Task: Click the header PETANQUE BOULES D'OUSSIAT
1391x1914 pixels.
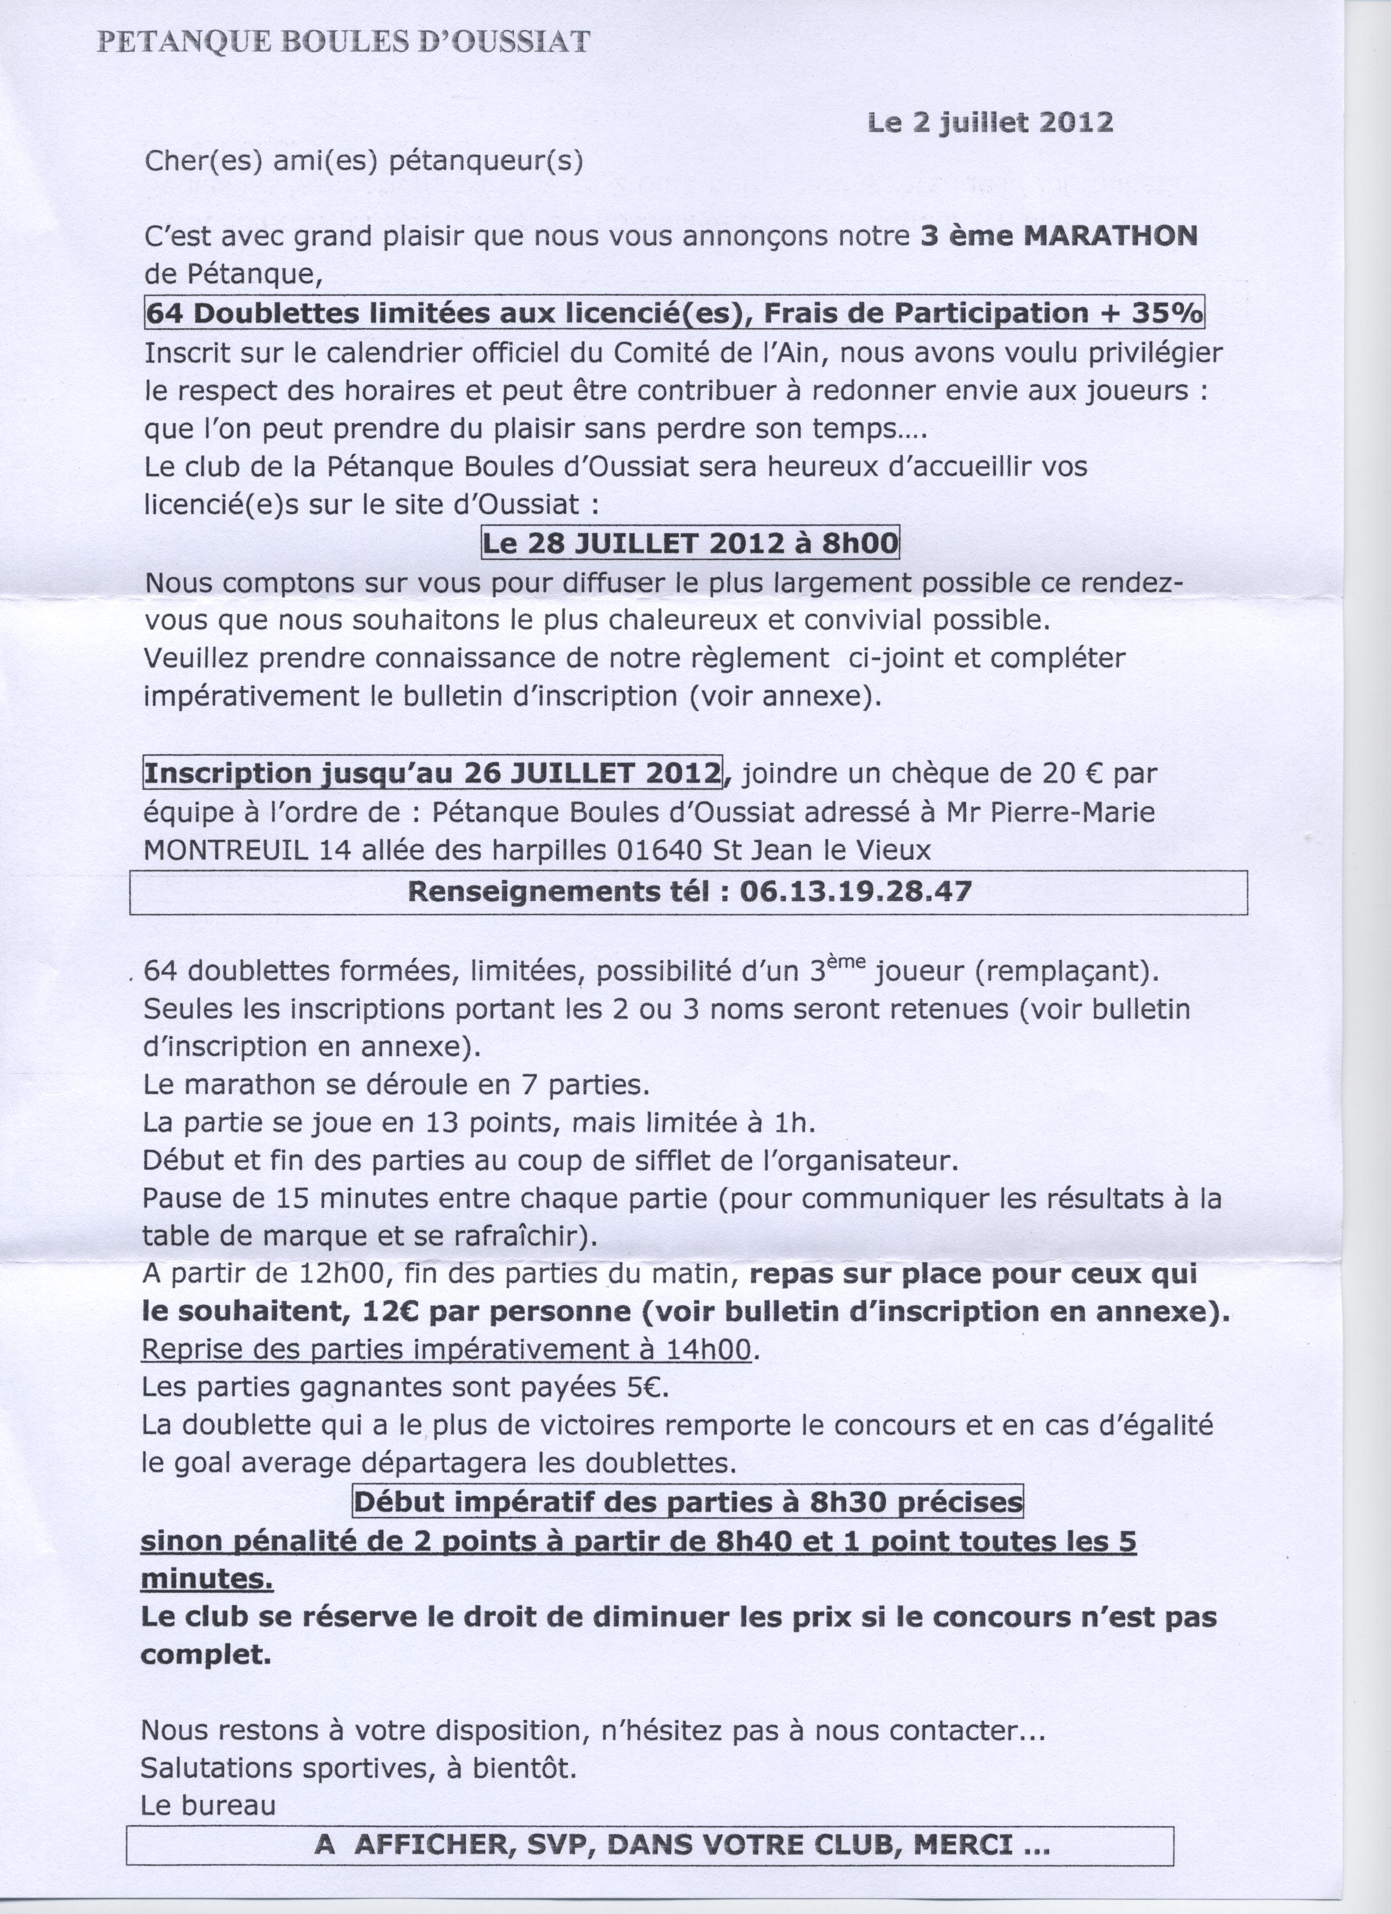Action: tap(344, 42)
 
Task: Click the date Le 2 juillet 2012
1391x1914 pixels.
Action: tap(990, 123)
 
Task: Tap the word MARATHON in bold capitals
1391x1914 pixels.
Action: tap(1111, 236)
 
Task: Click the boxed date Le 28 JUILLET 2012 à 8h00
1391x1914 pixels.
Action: tap(689, 542)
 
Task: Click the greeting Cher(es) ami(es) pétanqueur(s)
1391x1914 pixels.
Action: tap(364, 161)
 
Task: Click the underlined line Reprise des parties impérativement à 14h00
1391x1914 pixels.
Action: tap(447, 1350)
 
